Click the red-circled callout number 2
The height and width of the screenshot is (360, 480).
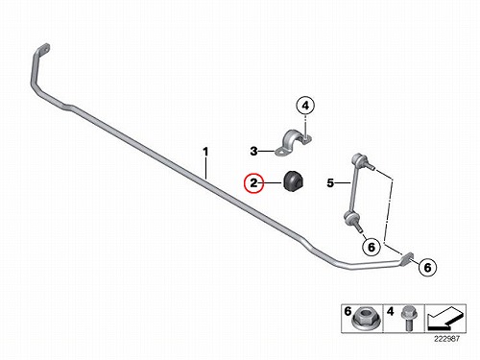pos(253,183)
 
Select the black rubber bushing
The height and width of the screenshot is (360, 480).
pos(294,181)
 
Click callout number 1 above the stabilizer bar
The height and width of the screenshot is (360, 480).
pos(205,152)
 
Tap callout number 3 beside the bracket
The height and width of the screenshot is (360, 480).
pos(253,151)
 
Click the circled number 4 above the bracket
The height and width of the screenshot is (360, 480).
pos(305,106)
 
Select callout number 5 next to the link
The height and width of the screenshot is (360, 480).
pos(330,183)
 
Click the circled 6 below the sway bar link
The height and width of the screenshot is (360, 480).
pos(372,247)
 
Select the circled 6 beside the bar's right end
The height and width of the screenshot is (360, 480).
pos(428,267)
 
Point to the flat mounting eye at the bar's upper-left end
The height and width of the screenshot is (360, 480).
pos(43,50)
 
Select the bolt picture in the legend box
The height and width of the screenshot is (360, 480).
pos(408,319)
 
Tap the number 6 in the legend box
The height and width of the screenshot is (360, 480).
pos(348,311)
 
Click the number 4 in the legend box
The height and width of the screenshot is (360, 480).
pos(390,311)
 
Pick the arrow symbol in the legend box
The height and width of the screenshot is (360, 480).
pos(444,319)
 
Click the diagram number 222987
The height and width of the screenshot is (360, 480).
pos(446,339)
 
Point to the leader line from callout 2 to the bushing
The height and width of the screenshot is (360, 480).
pos(274,183)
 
